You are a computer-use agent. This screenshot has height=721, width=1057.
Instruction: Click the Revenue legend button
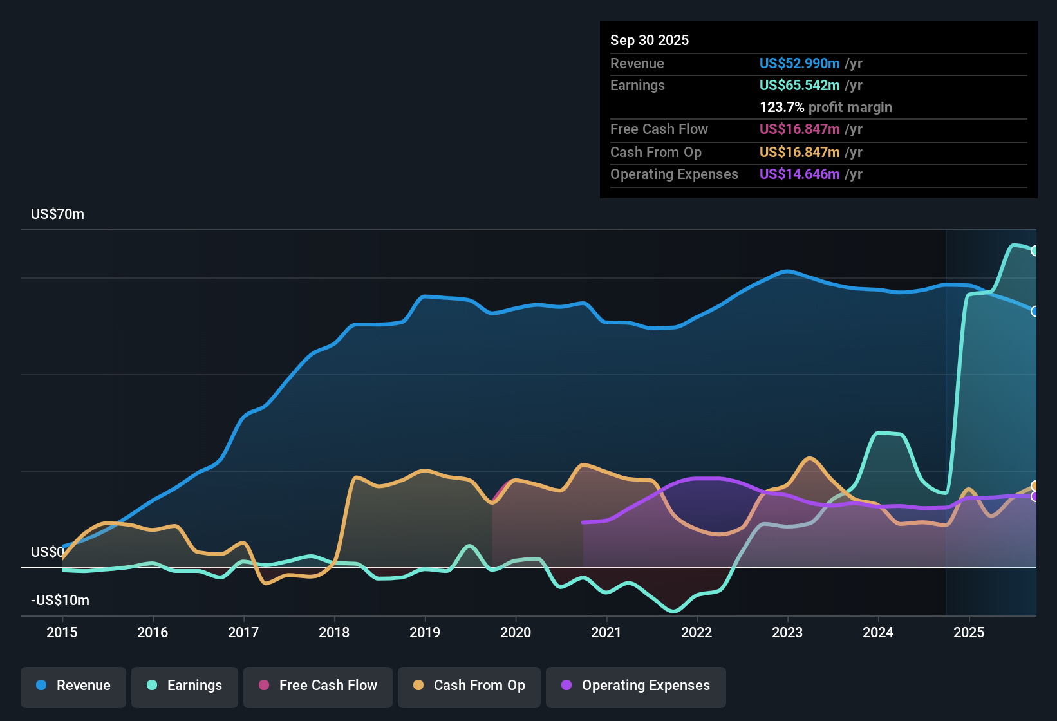(x=73, y=686)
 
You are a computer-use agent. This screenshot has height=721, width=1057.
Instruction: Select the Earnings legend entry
(x=185, y=686)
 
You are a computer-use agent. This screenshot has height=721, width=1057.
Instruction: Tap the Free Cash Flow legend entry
(x=318, y=686)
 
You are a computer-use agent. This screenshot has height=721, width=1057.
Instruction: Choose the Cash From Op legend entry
(x=469, y=686)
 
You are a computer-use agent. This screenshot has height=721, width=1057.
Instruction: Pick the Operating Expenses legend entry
(x=636, y=686)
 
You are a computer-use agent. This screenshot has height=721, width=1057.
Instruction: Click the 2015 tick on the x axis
(x=62, y=632)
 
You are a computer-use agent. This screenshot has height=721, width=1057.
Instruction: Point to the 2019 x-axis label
(x=425, y=632)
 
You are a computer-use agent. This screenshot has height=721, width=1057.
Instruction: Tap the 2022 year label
(x=697, y=632)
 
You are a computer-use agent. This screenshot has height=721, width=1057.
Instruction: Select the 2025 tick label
(x=969, y=632)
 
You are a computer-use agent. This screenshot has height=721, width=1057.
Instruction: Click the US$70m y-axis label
(x=57, y=214)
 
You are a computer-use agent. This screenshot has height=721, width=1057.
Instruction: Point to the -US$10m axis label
(x=60, y=601)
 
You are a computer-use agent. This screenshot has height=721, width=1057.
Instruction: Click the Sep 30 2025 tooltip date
(x=650, y=41)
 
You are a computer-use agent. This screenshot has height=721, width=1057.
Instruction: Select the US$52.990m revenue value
(x=800, y=64)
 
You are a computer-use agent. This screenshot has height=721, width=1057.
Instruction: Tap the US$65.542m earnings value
(x=800, y=86)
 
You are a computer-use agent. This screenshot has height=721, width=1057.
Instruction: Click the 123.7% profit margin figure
(x=781, y=108)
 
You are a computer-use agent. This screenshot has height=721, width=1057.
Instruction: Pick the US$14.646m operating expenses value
(x=800, y=174)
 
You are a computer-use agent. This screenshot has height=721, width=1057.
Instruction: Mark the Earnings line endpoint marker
(x=1034, y=251)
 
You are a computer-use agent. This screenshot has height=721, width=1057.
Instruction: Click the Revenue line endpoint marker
(x=1034, y=312)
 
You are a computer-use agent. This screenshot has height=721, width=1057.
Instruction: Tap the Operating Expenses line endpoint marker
(x=1034, y=497)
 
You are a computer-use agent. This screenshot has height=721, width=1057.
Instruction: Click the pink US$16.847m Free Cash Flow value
(x=800, y=129)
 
